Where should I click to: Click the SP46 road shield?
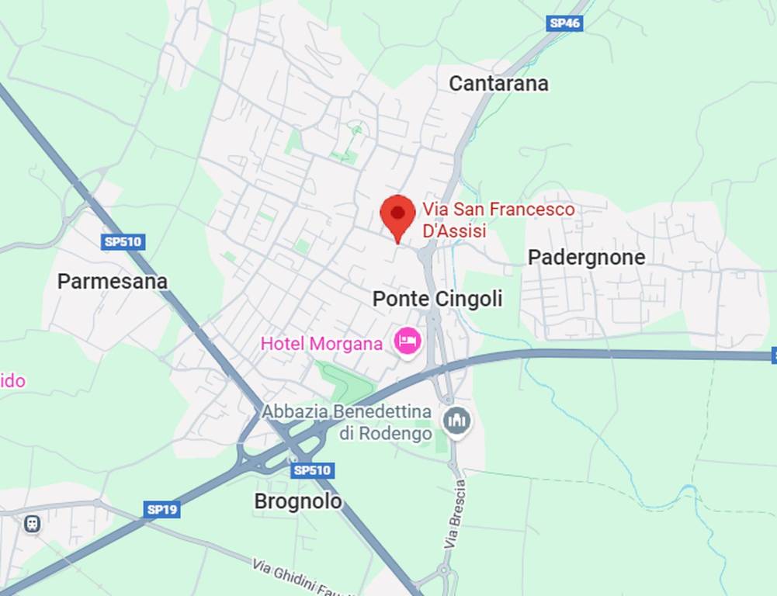564,23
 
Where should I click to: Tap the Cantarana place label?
498,83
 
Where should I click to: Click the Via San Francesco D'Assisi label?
498,220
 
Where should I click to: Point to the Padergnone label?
586,257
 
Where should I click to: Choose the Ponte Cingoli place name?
437,299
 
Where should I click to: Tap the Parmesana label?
112,281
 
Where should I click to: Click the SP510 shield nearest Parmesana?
123,242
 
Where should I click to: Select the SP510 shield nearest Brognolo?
313,470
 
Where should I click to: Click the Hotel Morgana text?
321,343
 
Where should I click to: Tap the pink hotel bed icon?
408,341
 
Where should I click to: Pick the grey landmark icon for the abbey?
456,421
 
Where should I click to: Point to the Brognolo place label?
298,501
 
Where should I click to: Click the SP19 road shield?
162,510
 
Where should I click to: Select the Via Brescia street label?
456,515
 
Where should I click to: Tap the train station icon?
32,524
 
